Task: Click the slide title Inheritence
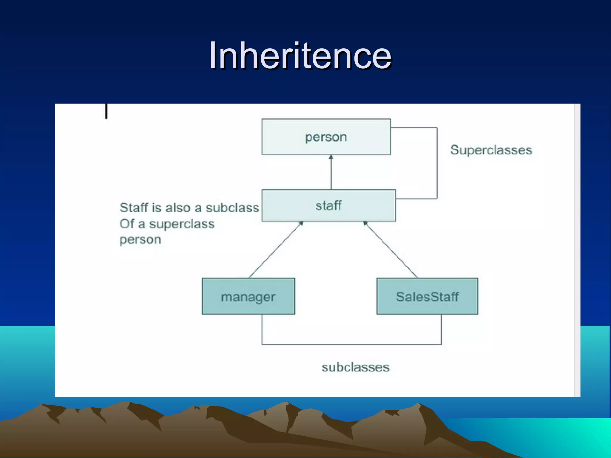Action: pyautogui.click(x=300, y=56)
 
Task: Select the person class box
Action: pyautogui.click(x=326, y=137)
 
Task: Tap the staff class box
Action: pyautogui.click(x=328, y=205)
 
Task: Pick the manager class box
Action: pyautogui.click(x=248, y=296)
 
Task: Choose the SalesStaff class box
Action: pyautogui.click(x=427, y=296)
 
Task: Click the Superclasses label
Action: pyautogui.click(x=491, y=150)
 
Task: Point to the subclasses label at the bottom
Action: pyautogui.click(x=355, y=367)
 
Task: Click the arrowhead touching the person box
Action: pyautogui.click(x=331, y=157)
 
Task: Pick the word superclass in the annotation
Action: pyautogui.click(x=182, y=224)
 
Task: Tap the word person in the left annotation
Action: pyautogui.click(x=140, y=239)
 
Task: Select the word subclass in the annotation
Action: pyautogui.click(x=232, y=208)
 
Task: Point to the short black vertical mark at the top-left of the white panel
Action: pyautogui.click(x=106, y=111)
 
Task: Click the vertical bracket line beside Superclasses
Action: pyautogui.click(x=437, y=163)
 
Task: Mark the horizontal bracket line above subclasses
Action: pyautogui.click(x=351, y=345)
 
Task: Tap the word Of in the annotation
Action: pyautogui.click(x=127, y=224)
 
